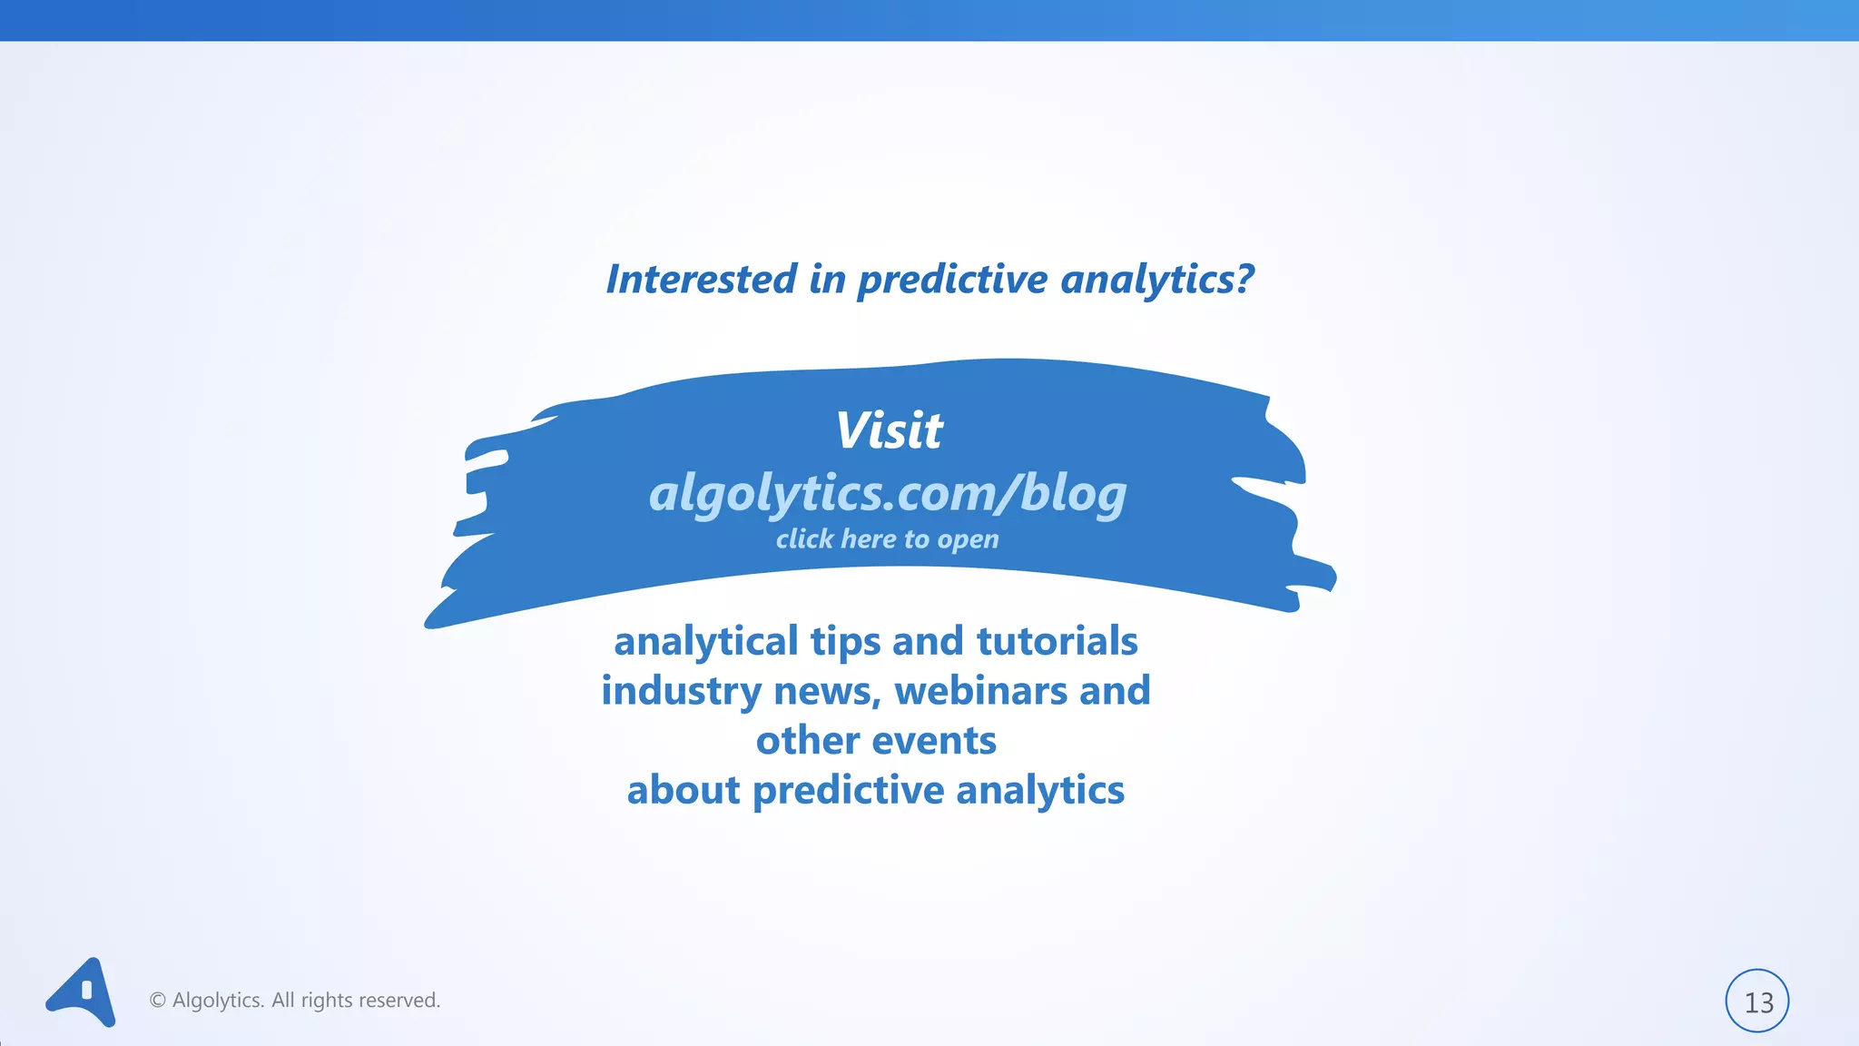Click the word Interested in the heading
tap(701, 279)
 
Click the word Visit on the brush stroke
tap(889, 430)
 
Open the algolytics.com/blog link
tap(888, 493)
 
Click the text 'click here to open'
tap(887, 539)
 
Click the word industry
tap(680, 692)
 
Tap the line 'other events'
tap(876, 741)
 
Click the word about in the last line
tap(683, 790)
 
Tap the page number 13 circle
tap(1756, 1002)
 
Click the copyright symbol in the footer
tap(158, 1001)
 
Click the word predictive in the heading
tap(952, 280)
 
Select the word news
tap(825, 692)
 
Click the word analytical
tap(706, 642)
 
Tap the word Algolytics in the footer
tap(218, 1001)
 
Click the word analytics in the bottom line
tap(1040, 791)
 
